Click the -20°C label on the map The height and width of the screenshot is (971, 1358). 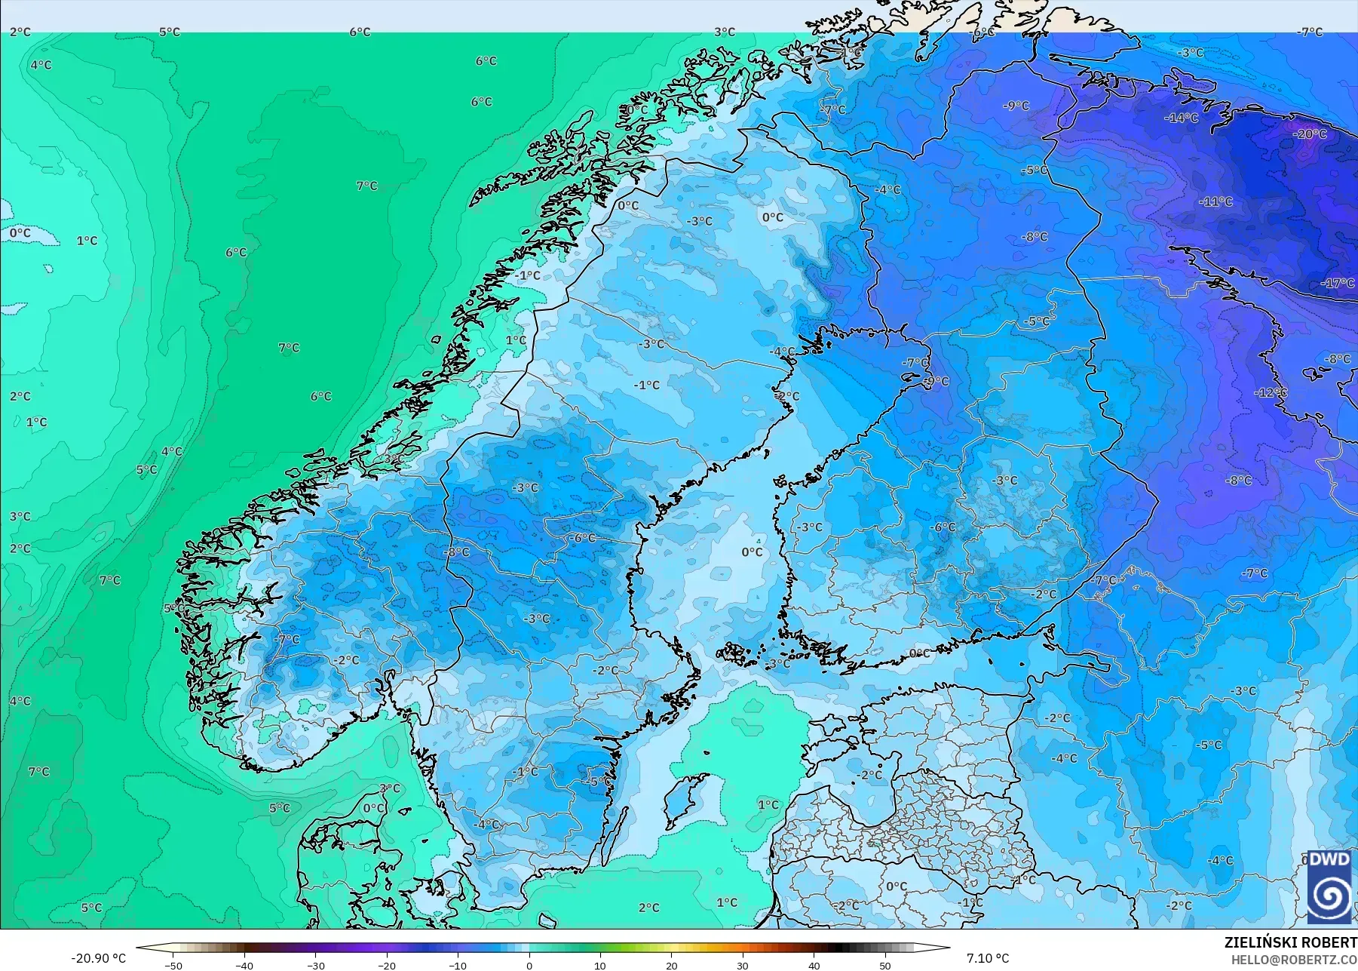[1310, 134]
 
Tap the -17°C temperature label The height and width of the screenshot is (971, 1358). [1338, 284]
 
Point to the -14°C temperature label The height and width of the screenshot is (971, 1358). [1181, 118]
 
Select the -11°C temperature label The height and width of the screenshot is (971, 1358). [1215, 202]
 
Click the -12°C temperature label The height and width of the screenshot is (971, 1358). [1271, 393]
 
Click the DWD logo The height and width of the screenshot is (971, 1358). [1329, 886]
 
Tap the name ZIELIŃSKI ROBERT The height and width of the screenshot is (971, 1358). [1290, 942]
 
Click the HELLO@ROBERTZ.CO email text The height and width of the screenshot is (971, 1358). [1294, 960]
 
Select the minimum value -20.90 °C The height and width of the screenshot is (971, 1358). [98, 958]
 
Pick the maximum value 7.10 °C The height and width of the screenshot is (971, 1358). [988, 958]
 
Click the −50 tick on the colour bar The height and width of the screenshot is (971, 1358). [173, 965]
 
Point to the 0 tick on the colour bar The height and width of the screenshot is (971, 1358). [529, 965]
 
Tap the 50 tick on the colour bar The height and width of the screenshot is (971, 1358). [885, 965]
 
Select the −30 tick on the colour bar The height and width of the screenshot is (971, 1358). [315, 965]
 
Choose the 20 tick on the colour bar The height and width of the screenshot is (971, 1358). [672, 965]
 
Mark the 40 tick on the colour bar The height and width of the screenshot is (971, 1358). [814, 965]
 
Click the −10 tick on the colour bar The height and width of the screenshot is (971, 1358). [458, 965]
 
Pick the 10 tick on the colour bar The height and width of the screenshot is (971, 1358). [600, 965]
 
